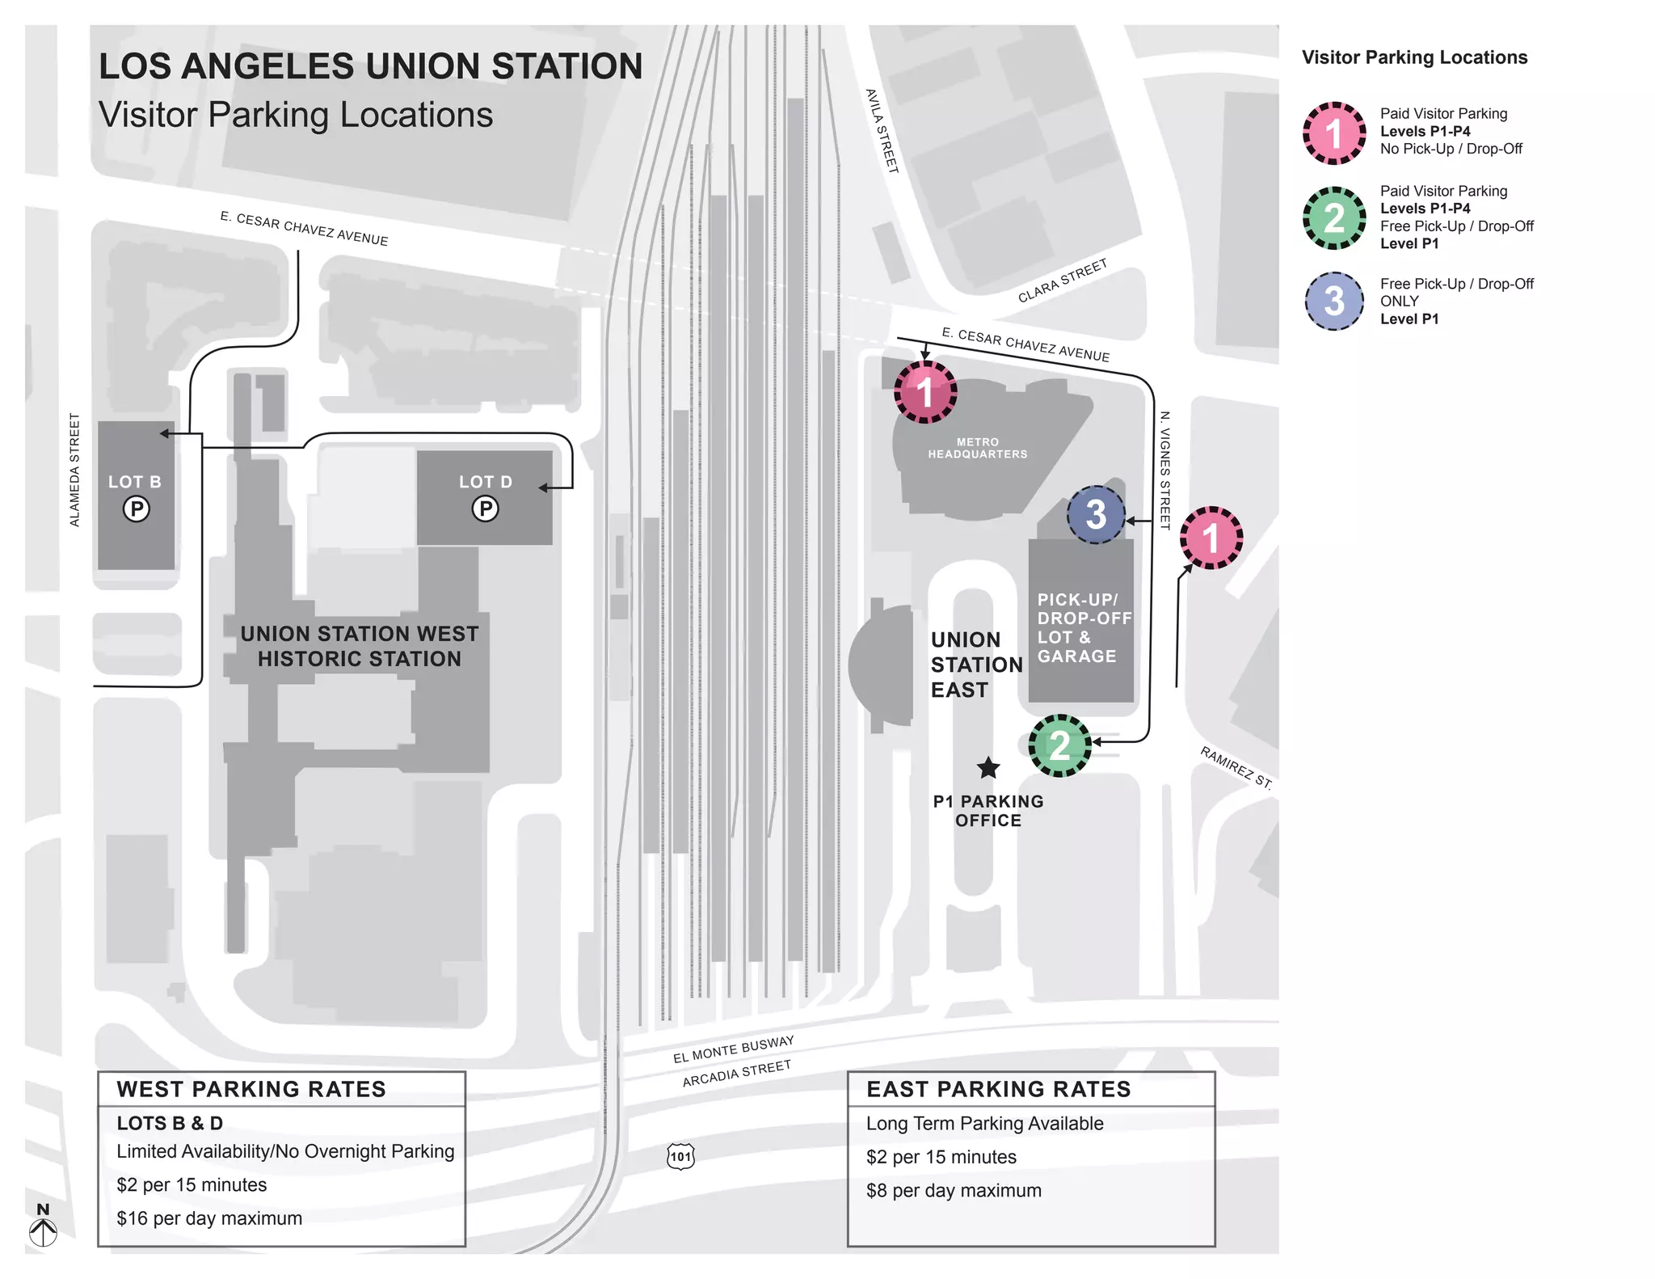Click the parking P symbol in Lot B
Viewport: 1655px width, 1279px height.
136,509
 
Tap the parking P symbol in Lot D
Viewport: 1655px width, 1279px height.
485,509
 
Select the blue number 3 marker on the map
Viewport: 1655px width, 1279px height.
1096,514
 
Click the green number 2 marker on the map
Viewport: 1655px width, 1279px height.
1059,745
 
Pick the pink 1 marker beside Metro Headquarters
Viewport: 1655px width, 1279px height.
925,392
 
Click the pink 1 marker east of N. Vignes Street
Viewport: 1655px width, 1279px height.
1211,538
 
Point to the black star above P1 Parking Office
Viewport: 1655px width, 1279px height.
988,767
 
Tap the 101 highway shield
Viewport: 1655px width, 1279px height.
680,1156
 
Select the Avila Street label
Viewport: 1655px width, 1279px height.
882,131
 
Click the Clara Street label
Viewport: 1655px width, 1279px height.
1062,281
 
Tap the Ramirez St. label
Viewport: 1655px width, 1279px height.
1236,767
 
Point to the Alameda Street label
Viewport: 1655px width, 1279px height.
74,470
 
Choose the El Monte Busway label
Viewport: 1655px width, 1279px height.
733,1049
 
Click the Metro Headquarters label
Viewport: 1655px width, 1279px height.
977,448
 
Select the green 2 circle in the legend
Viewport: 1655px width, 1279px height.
1333,218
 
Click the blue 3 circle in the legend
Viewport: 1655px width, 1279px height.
1333,302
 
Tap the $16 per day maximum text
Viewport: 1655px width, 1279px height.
209,1218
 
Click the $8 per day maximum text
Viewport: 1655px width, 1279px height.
954,1191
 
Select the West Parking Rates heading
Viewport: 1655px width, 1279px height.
251,1089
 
